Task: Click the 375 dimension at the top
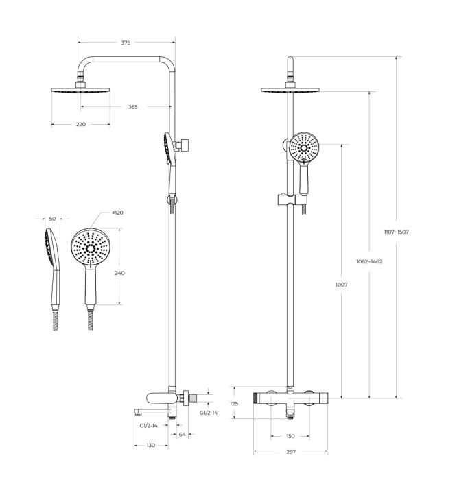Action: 126,43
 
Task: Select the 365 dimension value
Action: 132,106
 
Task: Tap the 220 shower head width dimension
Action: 80,124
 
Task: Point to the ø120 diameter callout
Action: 117,213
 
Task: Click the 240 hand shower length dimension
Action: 119,273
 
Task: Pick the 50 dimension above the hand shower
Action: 52,219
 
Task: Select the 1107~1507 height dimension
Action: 396,232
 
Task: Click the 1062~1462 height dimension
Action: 369,261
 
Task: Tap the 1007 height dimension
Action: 341,285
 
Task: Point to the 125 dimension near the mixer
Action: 233,404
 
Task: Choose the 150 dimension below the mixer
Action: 290,435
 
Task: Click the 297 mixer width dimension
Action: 290,451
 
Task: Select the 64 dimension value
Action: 182,435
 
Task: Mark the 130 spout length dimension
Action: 151,446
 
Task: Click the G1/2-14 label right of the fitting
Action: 209,413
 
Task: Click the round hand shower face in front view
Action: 303,148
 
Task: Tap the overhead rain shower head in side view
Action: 80,91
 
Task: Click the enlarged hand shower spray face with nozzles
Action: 90,248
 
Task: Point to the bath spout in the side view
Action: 147,411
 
